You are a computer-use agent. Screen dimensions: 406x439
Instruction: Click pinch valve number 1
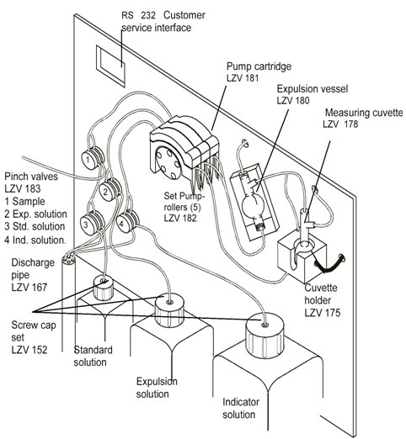[93, 157]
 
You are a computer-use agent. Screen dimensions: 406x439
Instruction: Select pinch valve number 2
[110, 189]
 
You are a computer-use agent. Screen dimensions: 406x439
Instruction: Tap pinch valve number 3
[92, 223]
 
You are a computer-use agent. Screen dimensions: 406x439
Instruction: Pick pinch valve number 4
[127, 221]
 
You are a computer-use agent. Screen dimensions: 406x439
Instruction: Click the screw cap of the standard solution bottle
[104, 288]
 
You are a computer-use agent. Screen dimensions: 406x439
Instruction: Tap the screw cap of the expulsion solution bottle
[170, 309]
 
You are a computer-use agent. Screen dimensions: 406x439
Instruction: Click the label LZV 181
[243, 78]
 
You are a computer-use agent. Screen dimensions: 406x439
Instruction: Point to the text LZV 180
[293, 100]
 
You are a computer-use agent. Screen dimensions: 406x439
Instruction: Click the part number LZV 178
[340, 124]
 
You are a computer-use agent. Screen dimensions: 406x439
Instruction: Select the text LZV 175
[323, 313]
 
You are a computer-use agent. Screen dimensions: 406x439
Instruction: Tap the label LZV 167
[29, 287]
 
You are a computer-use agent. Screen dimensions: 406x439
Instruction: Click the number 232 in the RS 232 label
[148, 15]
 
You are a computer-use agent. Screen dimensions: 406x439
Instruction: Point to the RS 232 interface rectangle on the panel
[110, 66]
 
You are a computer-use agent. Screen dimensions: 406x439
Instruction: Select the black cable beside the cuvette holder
[329, 264]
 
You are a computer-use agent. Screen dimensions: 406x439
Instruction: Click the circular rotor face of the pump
[168, 163]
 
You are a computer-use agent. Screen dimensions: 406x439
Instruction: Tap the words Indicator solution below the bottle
[241, 408]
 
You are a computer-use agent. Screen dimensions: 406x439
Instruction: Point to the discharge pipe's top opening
[68, 259]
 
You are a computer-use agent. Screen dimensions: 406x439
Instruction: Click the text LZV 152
[29, 350]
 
